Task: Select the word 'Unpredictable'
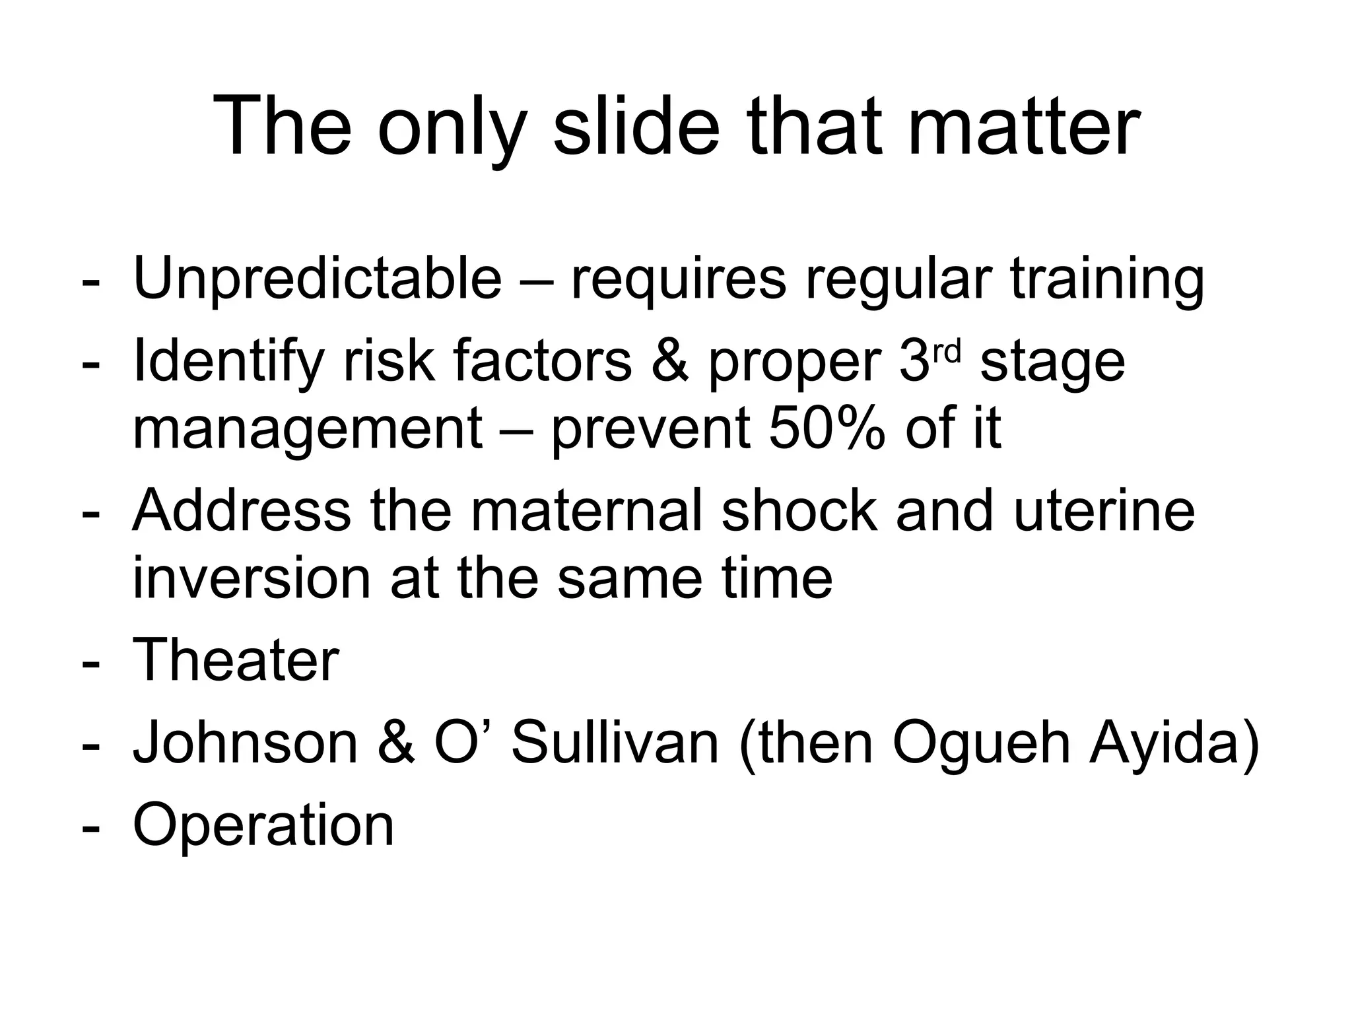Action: (x=318, y=279)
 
